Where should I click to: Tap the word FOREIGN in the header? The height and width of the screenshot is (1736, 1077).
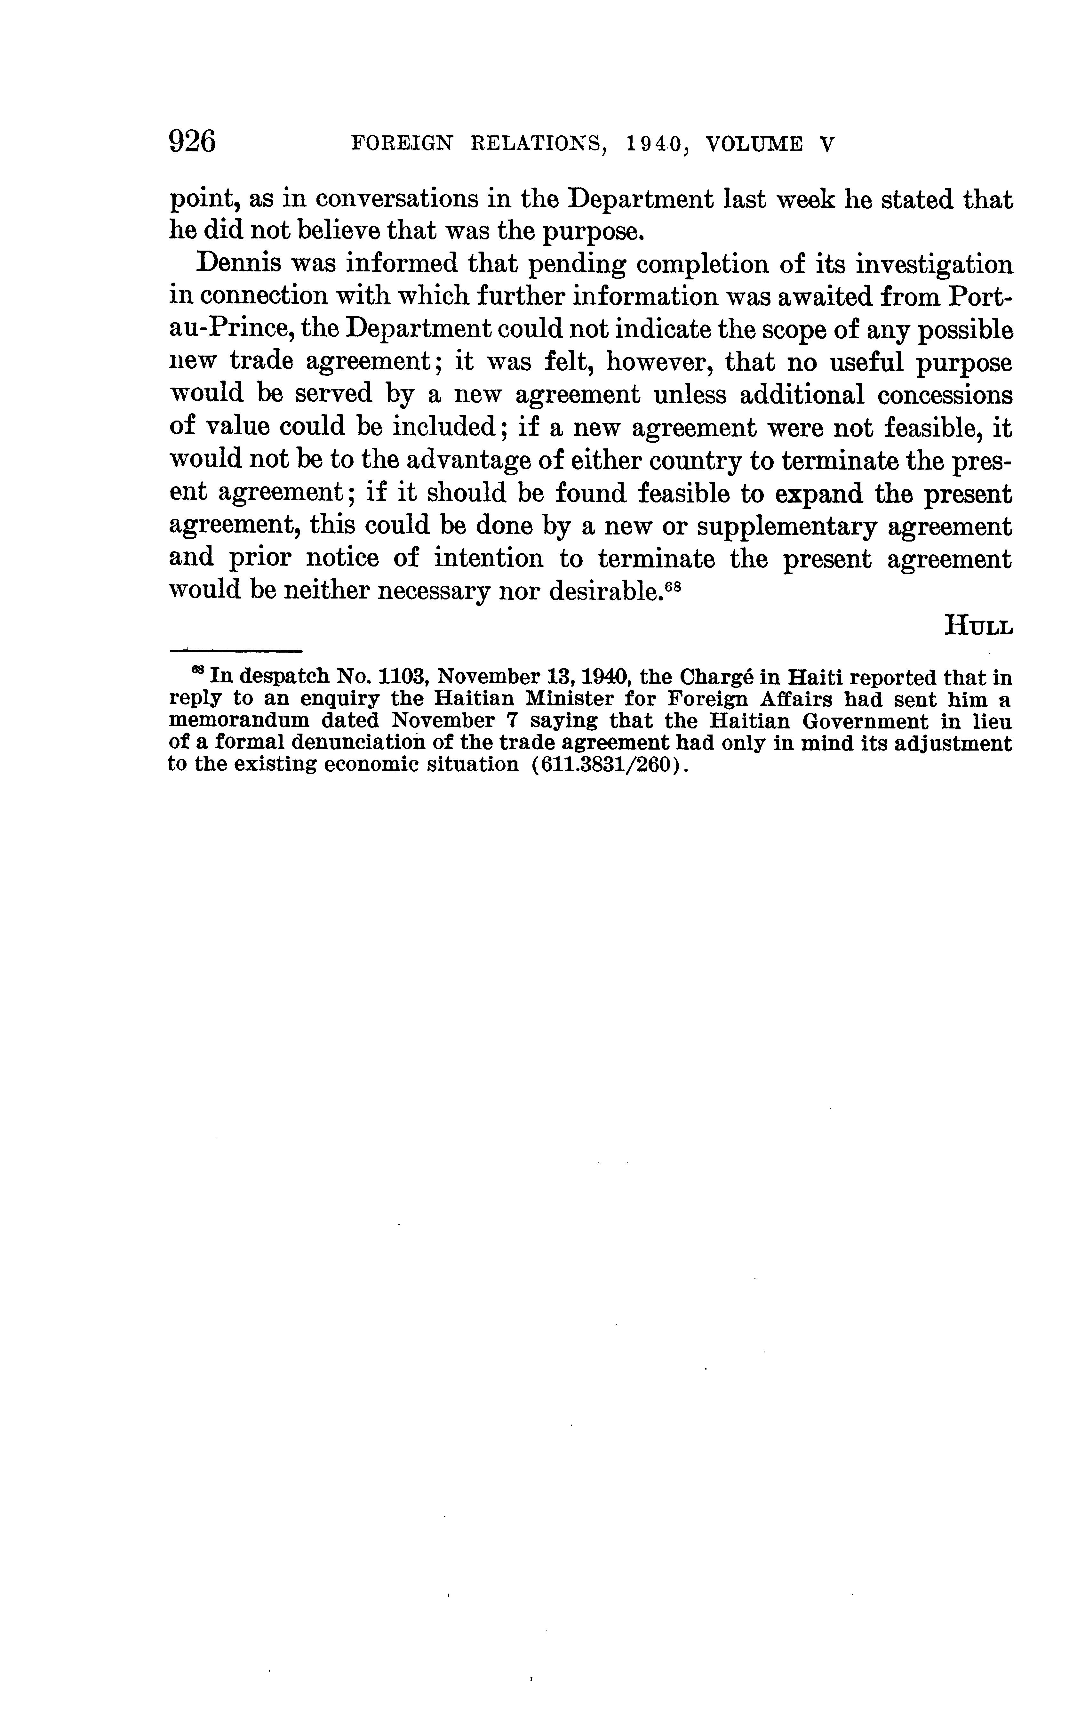point(403,145)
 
